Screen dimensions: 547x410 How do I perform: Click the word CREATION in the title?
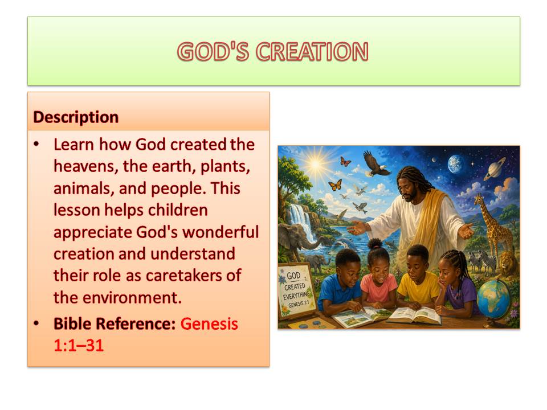312,52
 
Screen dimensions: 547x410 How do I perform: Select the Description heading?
76,117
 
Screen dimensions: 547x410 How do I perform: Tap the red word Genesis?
209,324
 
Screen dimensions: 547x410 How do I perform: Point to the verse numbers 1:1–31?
79,346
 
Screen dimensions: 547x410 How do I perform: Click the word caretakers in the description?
183,276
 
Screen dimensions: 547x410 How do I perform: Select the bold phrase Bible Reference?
115,323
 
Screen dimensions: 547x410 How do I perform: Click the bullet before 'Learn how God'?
36,144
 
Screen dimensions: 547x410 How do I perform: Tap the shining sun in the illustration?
316,163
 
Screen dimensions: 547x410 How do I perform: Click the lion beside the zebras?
509,265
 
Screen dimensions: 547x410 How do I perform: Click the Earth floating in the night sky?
456,164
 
